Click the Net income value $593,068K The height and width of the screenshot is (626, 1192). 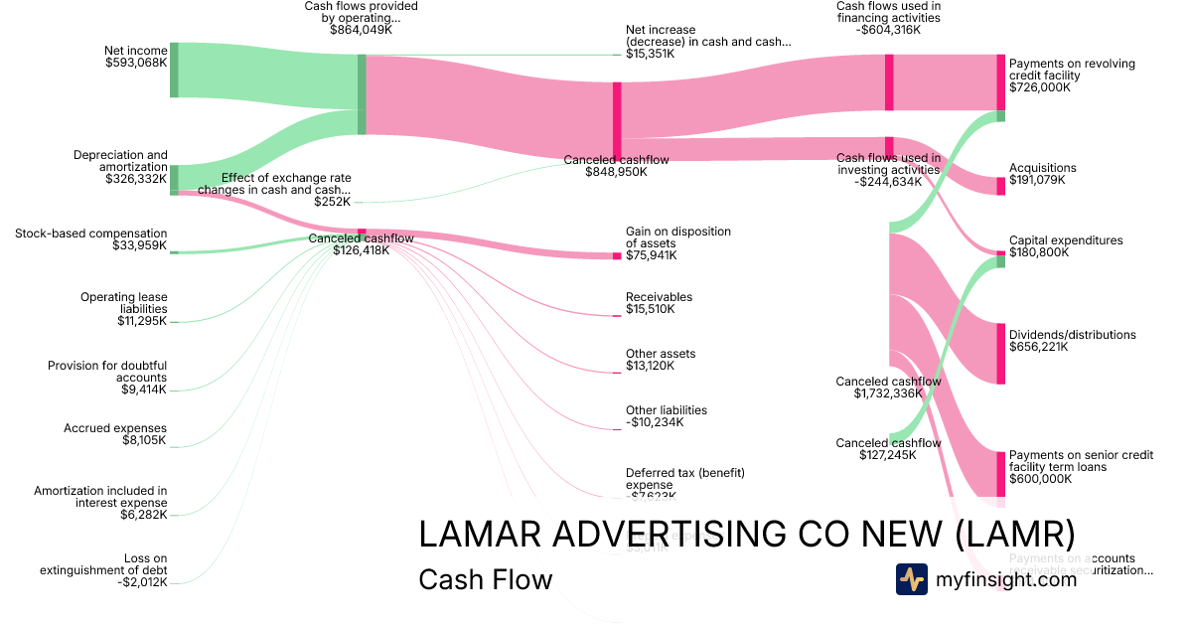click(136, 63)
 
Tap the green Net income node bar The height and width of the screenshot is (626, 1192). click(174, 70)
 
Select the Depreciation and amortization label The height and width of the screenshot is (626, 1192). click(120, 167)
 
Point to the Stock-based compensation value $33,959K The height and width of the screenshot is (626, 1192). click(140, 245)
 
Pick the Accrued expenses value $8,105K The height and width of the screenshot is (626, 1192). click(144, 440)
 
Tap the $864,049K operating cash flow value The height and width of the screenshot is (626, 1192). click(361, 31)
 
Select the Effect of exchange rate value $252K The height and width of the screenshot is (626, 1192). click(332, 202)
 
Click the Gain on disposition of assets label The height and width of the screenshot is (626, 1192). click(677, 237)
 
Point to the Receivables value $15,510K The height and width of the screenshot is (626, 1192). click(650, 309)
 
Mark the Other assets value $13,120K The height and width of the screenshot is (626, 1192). click(650, 366)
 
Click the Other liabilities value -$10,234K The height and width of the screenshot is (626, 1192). click(655, 422)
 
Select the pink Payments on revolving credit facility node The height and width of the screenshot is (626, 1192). click(1000, 82)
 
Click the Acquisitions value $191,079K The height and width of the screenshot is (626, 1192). click(1036, 180)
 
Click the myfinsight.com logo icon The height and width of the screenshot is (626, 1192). click(911, 579)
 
